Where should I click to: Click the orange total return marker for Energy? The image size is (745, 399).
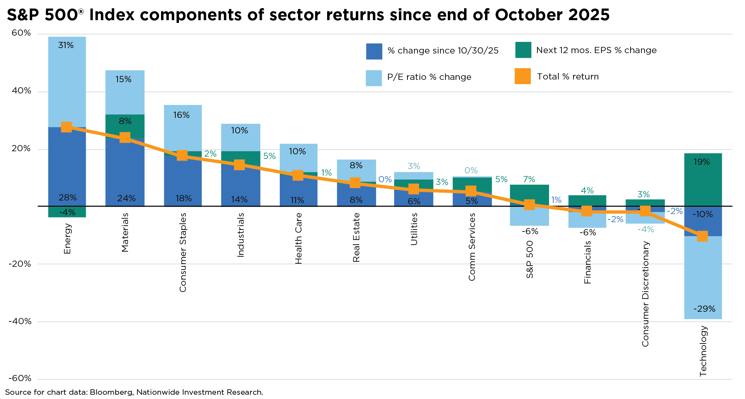point(66,127)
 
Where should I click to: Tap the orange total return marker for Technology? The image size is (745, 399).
point(702,236)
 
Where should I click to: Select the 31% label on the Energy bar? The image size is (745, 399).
point(66,45)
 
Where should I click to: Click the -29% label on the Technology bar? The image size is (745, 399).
point(704,309)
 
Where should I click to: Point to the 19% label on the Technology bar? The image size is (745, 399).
point(702,162)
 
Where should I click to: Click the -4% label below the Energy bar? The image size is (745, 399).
point(67,212)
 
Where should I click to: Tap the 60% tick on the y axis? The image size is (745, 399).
point(21,33)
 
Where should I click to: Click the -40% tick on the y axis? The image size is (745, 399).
point(20,321)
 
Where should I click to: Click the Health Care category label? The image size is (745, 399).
point(298,238)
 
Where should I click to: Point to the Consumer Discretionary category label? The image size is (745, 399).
point(645,294)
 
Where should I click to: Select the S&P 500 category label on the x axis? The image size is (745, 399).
point(530,259)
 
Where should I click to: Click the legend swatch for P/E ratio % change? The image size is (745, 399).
point(374,78)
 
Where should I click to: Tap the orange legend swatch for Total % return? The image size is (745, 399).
point(523,76)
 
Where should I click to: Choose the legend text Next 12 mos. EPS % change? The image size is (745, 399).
point(596,50)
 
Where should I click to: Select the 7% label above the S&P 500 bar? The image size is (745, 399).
point(529,179)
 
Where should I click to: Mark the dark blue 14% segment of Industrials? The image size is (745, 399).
point(240,186)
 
